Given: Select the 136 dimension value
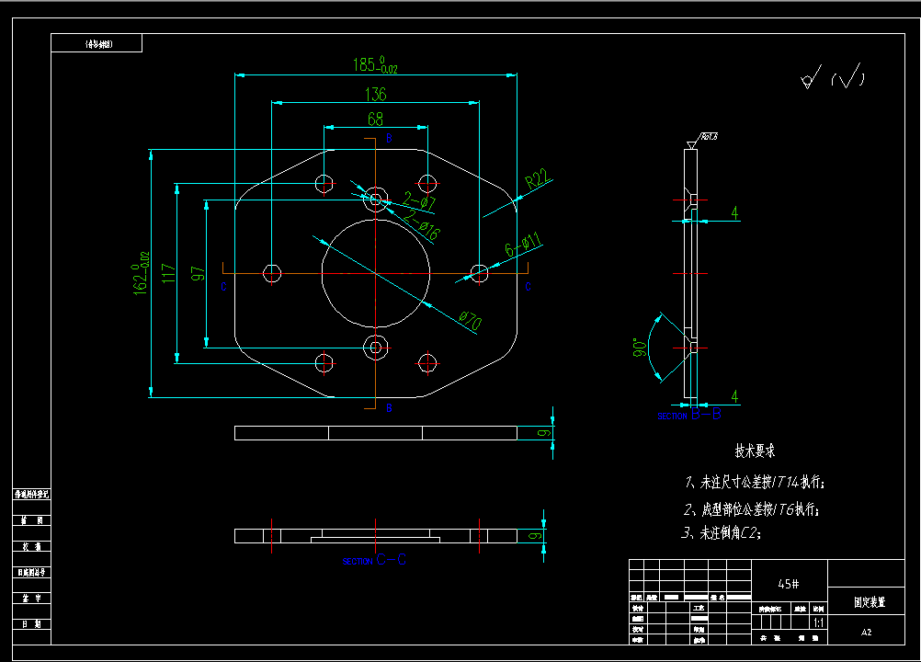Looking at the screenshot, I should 375,94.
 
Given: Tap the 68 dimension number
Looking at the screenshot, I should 375,119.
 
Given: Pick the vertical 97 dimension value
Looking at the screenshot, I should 197,274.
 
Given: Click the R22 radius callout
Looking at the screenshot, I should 538,179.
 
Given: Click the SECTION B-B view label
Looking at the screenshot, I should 689,416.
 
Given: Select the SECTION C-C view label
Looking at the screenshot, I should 375,560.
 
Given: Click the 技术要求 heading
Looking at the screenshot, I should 755,451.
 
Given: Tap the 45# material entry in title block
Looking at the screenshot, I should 788,584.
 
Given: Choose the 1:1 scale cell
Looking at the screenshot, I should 818,622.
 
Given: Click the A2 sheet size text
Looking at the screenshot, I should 866,633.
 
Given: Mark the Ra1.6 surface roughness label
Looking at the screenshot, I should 709,137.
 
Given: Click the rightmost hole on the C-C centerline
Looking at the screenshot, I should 479,272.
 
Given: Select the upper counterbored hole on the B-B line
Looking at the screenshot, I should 375,197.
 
